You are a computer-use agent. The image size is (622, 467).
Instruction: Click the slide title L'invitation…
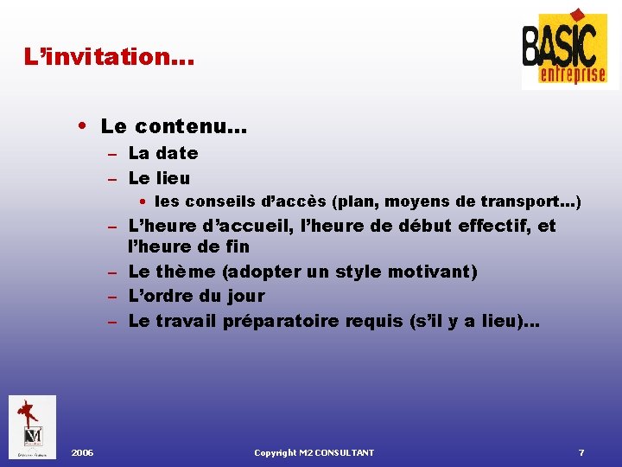(x=110, y=58)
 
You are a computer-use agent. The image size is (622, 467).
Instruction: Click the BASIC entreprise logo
(x=569, y=49)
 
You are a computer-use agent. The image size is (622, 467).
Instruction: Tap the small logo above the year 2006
(x=32, y=426)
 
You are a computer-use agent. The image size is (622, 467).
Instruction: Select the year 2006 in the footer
(x=83, y=453)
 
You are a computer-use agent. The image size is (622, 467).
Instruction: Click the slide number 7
(x=581, y=453)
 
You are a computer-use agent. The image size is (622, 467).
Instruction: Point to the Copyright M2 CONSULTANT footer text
(x=314, y=453)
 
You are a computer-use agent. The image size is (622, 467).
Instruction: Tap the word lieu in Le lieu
(x=172, y=178)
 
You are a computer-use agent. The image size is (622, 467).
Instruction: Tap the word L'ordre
(x=158, y=297)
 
